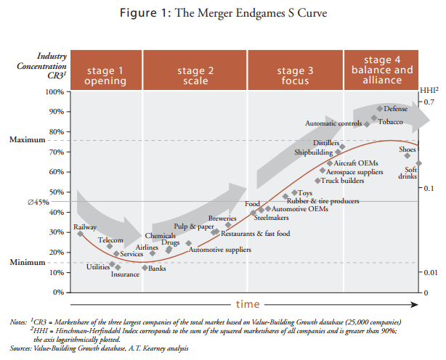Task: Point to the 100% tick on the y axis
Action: pos(54,91)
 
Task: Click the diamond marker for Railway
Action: pos(80,233)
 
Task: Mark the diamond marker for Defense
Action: pos(379,109)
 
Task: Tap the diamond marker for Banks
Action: pos(145,268)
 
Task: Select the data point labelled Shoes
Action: pos(408,155)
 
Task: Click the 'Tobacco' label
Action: pos(390,121)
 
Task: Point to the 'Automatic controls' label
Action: pos(333,123)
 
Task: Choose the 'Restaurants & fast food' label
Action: pos(255,234)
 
